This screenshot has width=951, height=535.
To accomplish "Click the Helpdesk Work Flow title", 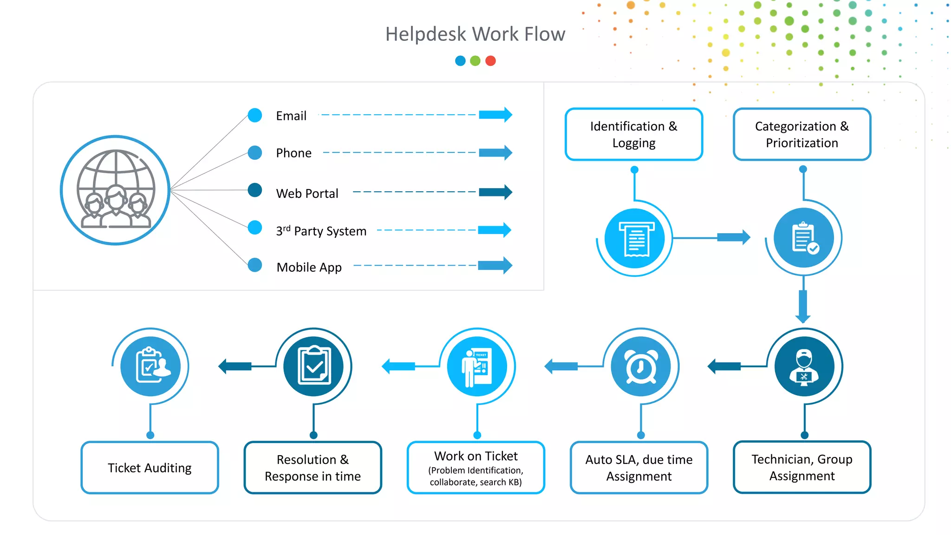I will point(475,34).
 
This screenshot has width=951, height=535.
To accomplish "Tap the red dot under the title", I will point(490,61).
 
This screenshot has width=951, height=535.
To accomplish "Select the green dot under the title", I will point(475,61).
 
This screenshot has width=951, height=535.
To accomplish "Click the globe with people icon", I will point(116,190).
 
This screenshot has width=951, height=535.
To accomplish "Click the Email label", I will point(291,116).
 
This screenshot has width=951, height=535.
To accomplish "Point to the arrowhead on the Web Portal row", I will point(507,192).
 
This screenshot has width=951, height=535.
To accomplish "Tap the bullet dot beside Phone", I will point(255,152).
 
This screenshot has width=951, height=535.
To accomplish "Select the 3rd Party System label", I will point(321,231).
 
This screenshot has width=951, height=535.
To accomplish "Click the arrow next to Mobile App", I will point(495,266).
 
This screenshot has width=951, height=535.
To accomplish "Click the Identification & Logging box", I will point(634,134).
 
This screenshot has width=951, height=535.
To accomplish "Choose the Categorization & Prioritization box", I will point(802,134).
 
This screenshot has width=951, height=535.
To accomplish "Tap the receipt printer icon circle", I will point(635,239).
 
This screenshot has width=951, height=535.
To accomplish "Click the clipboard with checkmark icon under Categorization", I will point(804,238).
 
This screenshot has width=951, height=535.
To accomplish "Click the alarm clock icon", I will point(641,366).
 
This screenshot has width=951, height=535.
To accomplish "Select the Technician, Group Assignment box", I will point(802,467).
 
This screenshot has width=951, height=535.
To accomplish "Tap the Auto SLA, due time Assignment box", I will point(639,468).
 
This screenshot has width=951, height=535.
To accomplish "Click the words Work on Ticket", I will point(476,456).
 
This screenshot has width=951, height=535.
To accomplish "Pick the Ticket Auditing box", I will point(150,468).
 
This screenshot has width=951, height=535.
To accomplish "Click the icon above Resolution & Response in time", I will point(313,366).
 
